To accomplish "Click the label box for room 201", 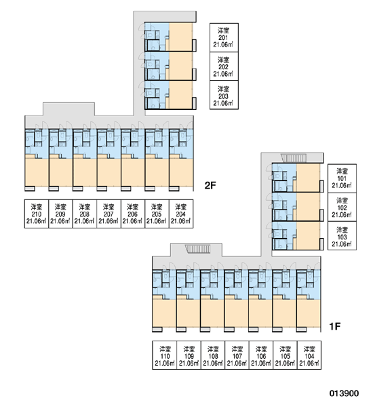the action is pos(224,37).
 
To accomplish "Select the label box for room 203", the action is pos(224,95).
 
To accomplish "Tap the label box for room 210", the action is pos(37,214).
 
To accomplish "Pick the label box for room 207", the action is pos(109,214).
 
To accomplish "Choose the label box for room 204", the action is pos(181,214).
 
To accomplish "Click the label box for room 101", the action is pos(342,178).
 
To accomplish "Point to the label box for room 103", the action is pos(342,235).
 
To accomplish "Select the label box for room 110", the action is pos(164,355).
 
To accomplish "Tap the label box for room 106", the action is pos(261,355).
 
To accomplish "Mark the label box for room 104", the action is pos(309,355).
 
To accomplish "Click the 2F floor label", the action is pos(210,185).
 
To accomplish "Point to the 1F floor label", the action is pos(335,326).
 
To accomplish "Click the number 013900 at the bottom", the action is pos(345,393).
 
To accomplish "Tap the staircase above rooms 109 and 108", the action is pos(198,249).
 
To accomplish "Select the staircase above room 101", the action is pos(294,158).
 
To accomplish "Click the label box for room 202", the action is pos(224,66).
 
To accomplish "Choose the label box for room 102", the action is pos(342,207).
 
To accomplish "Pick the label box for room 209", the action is pos(60,214).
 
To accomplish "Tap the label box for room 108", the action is pos(212,355).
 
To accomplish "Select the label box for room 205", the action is pos(157,214).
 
